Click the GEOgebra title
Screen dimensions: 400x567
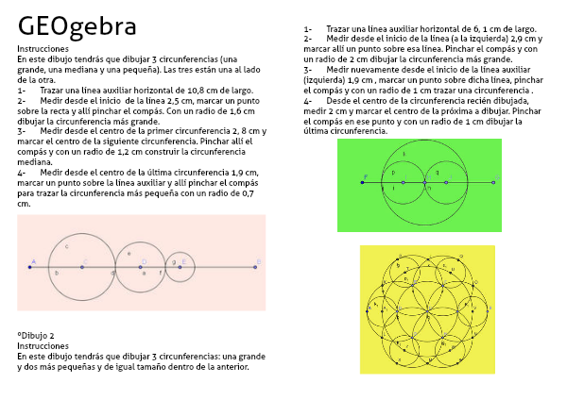[x=77, y=26]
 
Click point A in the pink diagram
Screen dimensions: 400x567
[x=29, y=267]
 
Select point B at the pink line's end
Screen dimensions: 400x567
[x=257, y=267]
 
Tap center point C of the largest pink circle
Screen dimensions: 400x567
[x=82, y=267]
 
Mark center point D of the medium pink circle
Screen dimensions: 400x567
[x=141, y=267]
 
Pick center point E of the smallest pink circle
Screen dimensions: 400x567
[x=180, y=267]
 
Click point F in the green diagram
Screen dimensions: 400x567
[x=362, y=182]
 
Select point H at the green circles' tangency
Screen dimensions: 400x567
[x=425, y=182]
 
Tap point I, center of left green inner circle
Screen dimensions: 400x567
[x=403, y=182]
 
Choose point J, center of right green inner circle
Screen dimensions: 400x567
[x=447, y=182]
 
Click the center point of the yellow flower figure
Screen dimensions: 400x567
[x=427, y=308]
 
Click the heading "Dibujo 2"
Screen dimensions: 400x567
[x=38, y=336]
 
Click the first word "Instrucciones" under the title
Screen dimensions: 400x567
[x=42, y=47]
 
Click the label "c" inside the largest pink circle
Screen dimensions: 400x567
[x=66, y=246]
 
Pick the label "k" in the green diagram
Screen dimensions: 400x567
[x=404, y=154]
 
